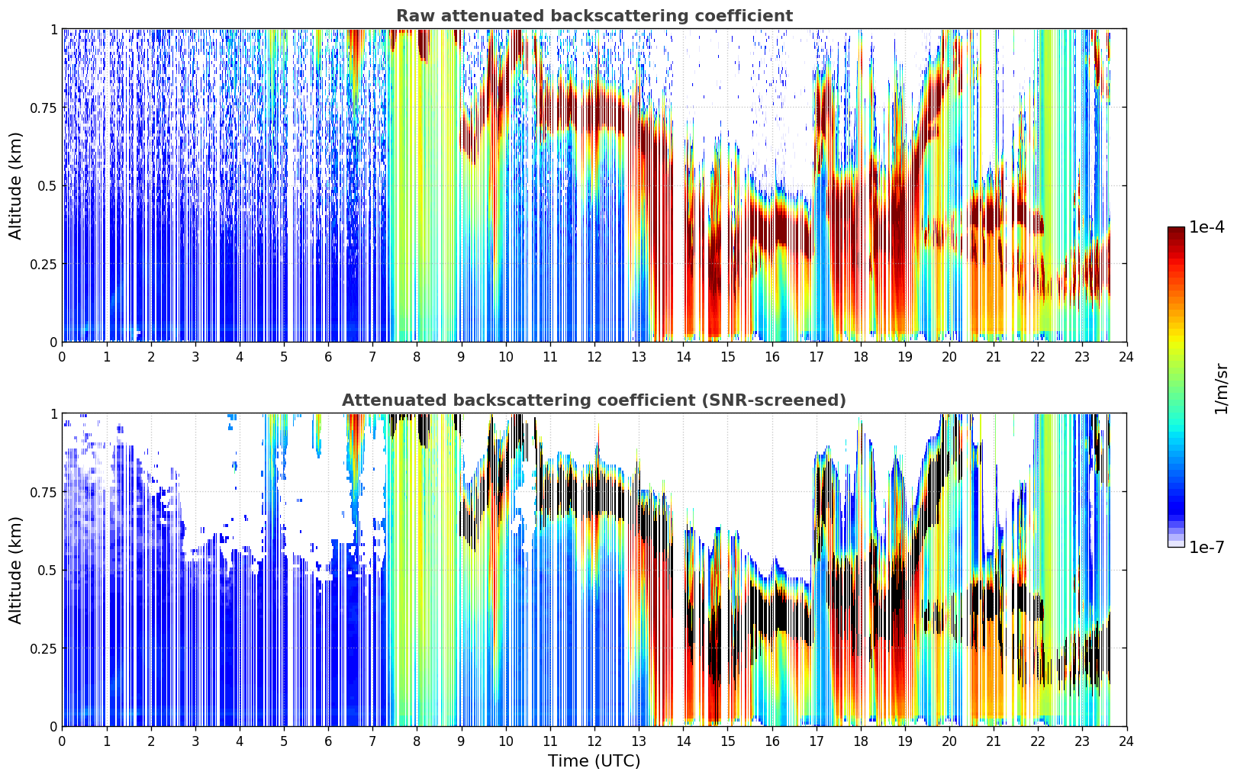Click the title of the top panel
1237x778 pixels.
tap(594, 15)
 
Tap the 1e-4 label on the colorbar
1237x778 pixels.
tap(1206, 227)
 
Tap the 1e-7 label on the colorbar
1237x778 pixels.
tap(1206, 548)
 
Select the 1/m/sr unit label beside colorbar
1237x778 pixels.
tap(1221, 388)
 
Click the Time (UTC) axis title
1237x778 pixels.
tap(594, 761)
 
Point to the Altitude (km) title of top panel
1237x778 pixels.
tap(15, 186)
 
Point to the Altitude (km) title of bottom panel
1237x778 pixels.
tap(15, 571)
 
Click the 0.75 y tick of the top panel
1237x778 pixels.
tap(43, 108)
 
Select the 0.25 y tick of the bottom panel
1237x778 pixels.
tap(43, 649)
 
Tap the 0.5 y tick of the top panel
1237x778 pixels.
tap(47, 186)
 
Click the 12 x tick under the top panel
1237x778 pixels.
tap(594, 356)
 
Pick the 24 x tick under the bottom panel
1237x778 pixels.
tap(1126, 741)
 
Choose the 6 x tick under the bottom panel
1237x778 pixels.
tap(328, 741)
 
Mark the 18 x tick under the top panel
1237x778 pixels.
tap(860, 356)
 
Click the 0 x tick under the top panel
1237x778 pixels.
tap(62, 356)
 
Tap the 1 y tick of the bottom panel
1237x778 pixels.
tap(54, 414)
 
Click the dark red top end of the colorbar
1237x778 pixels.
tap(1176, 230)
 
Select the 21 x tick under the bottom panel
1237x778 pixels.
tap(994, 741)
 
